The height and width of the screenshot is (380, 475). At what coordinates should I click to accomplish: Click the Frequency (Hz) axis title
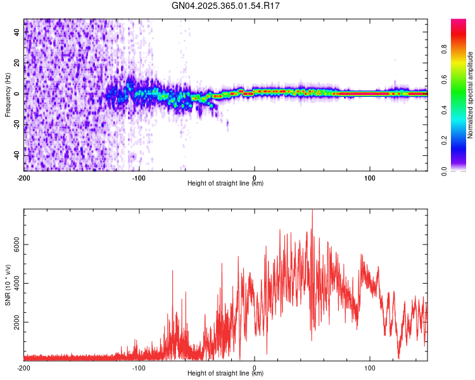tap(8, 94)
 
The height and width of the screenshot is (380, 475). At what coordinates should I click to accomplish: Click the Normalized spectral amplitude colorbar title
tap(471, 94)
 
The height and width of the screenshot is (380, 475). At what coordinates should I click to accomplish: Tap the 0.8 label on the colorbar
tap(463, 49)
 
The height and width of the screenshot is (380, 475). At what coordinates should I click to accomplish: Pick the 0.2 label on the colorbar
tap(463, 141)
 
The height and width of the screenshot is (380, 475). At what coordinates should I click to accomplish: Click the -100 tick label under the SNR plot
tap(139, 367)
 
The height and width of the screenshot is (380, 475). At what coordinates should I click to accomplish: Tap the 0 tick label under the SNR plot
tap(255, 367)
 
